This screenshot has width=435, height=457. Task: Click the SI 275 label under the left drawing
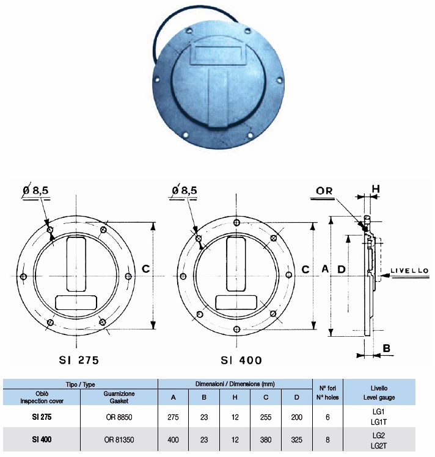tap(79, 360)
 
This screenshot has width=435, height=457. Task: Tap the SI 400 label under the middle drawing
tap(241, 360)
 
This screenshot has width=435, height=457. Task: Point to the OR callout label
tap(324, 191)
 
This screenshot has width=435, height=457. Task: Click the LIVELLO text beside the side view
tap(409, 271)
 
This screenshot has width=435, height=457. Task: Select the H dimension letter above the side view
tap(376, 189)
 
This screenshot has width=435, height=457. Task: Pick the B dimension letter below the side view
tap(386, 348)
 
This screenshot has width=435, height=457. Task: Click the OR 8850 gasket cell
tap(119, 417)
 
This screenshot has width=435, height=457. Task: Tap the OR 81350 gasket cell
tap(119, 439)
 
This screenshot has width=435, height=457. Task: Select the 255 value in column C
tap(266, 417)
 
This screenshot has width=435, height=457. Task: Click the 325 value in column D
tap(297, 439)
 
